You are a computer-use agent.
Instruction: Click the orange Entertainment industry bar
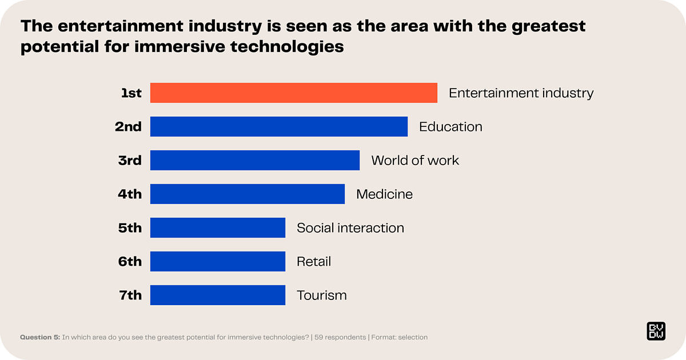click(x=294, y=93)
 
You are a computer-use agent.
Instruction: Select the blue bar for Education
click(x=279, y=127)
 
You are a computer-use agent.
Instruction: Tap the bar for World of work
click(x=255, y=161)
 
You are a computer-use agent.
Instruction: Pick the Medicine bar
click(x=248, y=194)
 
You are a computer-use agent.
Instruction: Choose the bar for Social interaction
click(x=218, y=228)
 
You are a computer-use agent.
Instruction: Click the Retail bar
click(x=218, y=262)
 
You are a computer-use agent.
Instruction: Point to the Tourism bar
click(x=218, y=295)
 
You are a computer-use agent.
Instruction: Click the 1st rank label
click(x=131, y=93)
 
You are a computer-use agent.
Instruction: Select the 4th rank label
click(x=130, y=194)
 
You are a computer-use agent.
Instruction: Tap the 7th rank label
click(x=130, y=295)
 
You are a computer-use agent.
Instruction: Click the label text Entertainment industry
click(x=521, y=93)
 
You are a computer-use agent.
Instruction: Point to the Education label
click(x=450, y=127)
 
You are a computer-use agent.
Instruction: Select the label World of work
click(x=415, y=161)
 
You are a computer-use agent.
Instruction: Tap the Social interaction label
click(x=350, y=228)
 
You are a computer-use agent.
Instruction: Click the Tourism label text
click(x=321, y=295)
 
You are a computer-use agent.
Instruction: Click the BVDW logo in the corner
click(x=656, y=331)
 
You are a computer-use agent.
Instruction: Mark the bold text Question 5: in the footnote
click(x=39, y=337)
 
